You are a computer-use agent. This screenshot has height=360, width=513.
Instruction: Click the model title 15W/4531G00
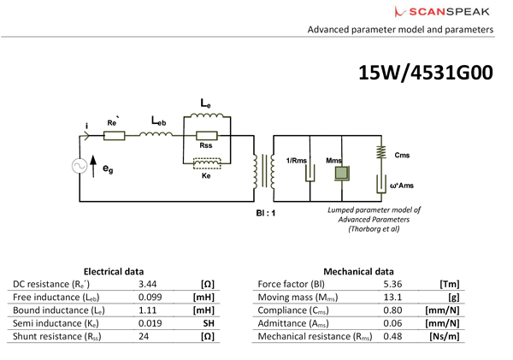point(426,74)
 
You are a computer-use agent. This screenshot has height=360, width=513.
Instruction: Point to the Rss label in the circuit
point(205,146)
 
